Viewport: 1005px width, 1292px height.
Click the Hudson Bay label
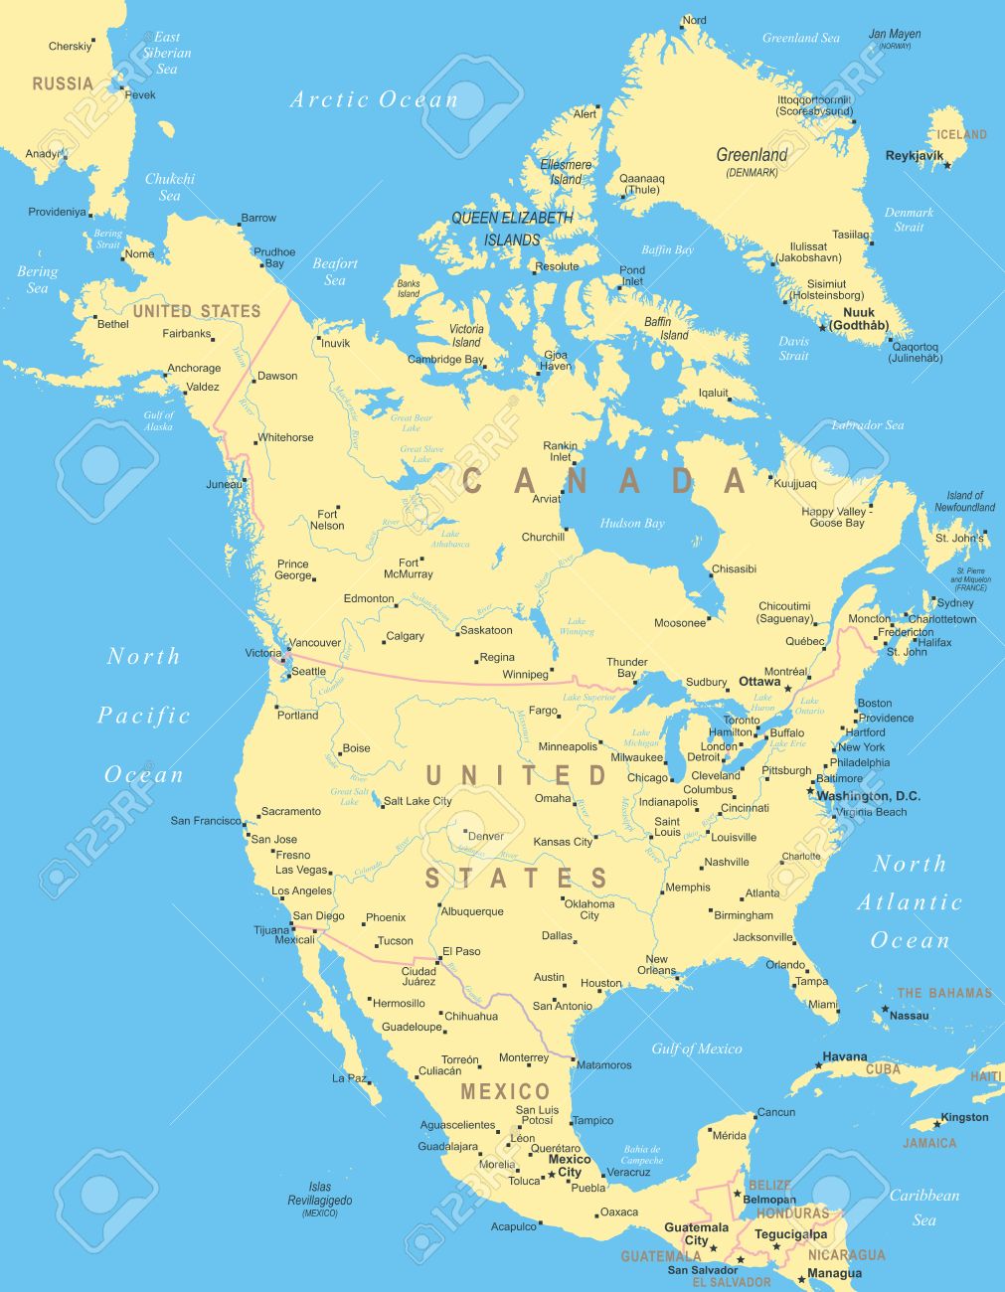click(632, 524)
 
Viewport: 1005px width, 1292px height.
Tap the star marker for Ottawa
click(788, 688)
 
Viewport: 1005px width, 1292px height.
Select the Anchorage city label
click(194, 369)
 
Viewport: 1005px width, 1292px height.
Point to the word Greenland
click(752, 155)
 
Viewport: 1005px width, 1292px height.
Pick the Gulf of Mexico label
click(696, 1049)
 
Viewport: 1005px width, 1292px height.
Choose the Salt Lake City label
click(418, 801)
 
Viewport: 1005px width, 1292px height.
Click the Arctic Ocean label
click(374, 99)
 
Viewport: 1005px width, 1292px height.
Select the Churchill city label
click(543, 538)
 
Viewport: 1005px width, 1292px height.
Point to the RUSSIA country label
click(63, 83)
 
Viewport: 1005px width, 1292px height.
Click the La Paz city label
click(350, 1078)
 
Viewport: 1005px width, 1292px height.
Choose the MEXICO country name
click(505, 1092)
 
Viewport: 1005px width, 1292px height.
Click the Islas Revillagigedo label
click(320, 1194)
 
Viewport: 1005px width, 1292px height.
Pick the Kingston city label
click(964, 1117)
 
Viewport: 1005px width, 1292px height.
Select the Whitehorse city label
click(285, 437)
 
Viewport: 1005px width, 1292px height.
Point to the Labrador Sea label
click(867, 425)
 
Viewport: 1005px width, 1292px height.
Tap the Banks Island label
click(409, 288)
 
